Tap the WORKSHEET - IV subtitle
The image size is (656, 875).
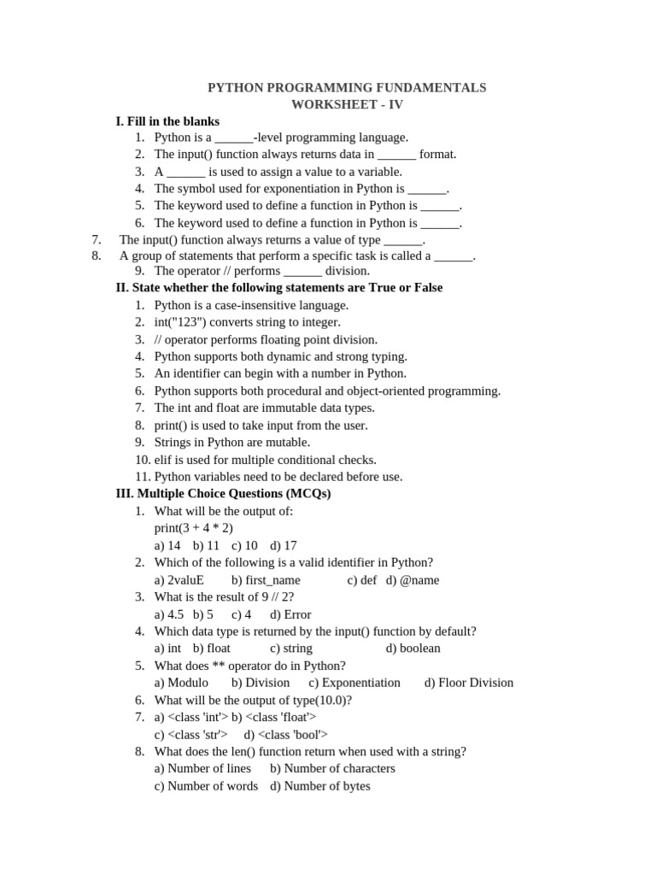click(347, 104)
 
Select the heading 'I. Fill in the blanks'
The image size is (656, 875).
click(167, 121)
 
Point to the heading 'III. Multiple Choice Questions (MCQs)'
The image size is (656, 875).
click(223, 494)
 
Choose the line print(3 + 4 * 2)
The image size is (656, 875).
click(194, 528)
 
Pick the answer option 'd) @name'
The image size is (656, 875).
click(413, 579)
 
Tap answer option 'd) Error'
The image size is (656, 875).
click(290, 614)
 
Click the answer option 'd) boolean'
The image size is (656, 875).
click(413, 648)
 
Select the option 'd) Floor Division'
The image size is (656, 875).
click(469, 682)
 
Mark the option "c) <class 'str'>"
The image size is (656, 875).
click(191, 734)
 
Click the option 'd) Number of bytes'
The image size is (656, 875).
click(320, 785)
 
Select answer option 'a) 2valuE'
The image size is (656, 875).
click(179, 579)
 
